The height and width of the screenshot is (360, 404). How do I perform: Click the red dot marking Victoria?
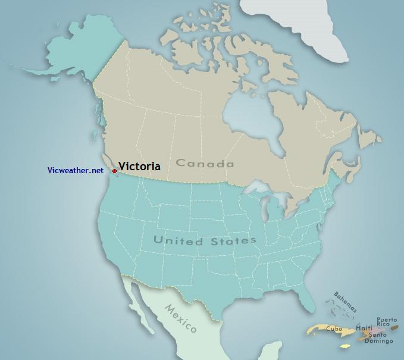pos(114,171)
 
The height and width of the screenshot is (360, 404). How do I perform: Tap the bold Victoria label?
pos(139,167)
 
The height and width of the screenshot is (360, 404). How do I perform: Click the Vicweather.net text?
pos(76,171)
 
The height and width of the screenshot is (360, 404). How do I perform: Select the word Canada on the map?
pos(205,164)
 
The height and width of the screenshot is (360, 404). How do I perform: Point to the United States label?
pos(205,240)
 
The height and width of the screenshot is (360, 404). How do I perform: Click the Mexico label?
pos(181,318)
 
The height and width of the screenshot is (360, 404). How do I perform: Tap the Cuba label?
pos(334,328)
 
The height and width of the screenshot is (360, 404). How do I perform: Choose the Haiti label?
pos(364,328)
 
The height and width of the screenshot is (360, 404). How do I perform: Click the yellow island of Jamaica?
pos(345,346)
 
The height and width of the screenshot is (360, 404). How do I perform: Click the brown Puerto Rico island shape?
pos(394,327)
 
